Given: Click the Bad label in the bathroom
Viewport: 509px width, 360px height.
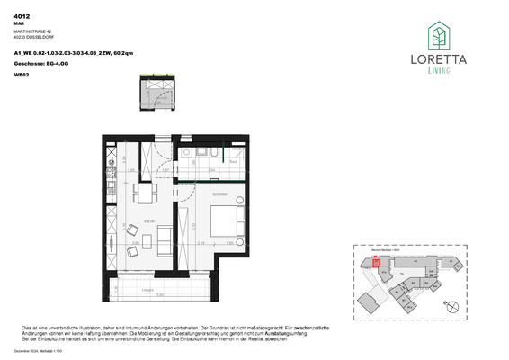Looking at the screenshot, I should [231, 161].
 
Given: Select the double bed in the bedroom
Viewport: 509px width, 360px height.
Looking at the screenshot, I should [221, 219].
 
